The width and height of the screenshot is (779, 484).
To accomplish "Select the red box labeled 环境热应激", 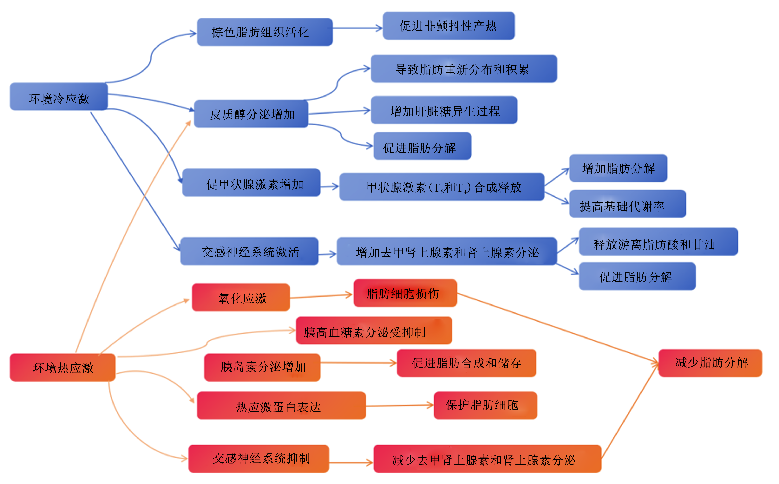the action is point(63,367).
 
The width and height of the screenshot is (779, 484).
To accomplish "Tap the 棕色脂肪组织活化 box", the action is point(265,32).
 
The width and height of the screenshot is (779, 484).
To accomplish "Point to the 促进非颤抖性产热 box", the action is point(449,26).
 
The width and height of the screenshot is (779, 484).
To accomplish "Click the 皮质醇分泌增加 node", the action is point(251,114).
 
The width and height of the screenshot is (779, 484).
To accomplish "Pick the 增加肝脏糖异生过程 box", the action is point(444,110).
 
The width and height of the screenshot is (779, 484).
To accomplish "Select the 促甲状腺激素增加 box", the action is point(251,182).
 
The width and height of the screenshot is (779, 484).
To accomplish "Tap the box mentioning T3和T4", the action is point(442,187).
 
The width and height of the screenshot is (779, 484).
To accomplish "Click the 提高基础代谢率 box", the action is point(628,204).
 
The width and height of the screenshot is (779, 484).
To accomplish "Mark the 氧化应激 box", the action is point(241,297).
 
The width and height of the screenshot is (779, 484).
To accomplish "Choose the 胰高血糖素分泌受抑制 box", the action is point(374,331).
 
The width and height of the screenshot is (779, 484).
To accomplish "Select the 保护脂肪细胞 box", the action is point(486,406).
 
